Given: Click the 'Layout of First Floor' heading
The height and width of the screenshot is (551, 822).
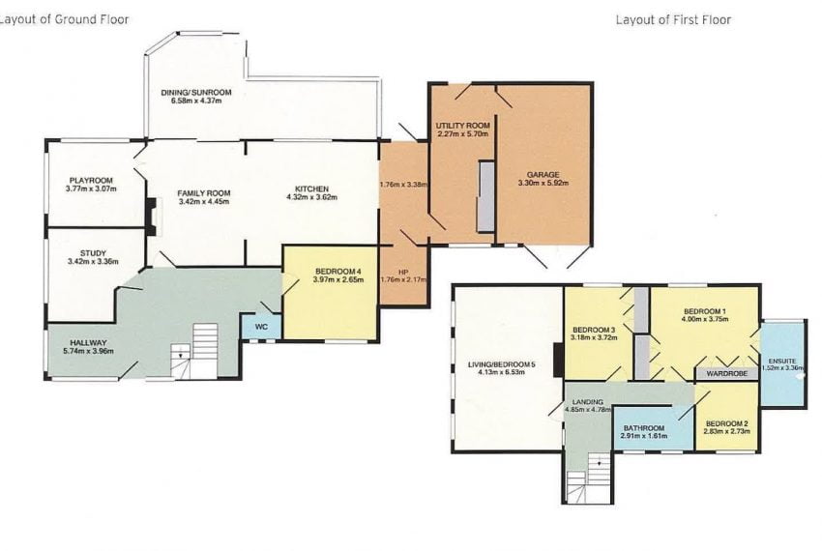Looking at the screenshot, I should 673,19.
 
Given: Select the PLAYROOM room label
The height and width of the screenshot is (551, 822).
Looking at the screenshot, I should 91,180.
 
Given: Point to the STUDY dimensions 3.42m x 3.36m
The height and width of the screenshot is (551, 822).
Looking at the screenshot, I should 93,262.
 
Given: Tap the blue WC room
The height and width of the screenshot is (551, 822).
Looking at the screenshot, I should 260,327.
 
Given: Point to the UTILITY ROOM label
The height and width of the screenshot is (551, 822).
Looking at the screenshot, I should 463,127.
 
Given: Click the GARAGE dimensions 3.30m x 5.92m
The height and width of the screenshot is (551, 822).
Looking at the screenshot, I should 543,184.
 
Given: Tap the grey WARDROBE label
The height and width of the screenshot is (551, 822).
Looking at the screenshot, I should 726,372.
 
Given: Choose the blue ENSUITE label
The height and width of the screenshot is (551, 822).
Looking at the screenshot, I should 781,358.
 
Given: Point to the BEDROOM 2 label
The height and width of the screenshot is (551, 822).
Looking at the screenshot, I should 726,423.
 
